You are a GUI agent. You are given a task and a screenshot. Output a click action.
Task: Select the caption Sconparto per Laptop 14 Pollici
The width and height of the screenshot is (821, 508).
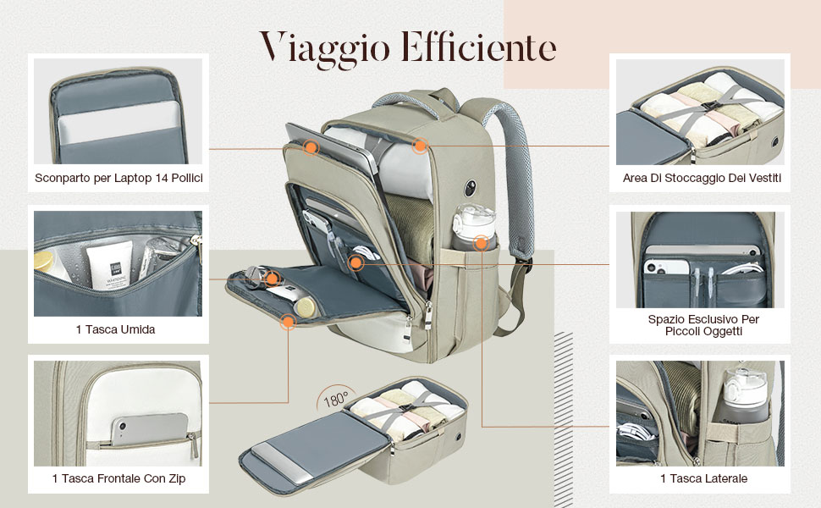[118, 179]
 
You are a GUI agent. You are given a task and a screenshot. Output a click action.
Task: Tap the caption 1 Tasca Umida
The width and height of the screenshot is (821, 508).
[115, 329]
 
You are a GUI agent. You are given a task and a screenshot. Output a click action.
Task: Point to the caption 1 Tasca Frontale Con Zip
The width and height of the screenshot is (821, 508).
[118, 479]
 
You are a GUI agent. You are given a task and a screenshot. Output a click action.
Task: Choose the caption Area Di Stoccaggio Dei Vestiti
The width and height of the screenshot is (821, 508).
[701, 179]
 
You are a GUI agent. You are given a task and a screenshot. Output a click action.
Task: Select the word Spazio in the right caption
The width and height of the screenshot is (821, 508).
[669, 319]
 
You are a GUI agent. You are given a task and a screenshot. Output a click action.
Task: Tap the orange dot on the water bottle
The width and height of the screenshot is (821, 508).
[481, 243]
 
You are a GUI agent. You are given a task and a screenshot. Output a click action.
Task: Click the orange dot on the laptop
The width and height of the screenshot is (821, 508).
[311, 147]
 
